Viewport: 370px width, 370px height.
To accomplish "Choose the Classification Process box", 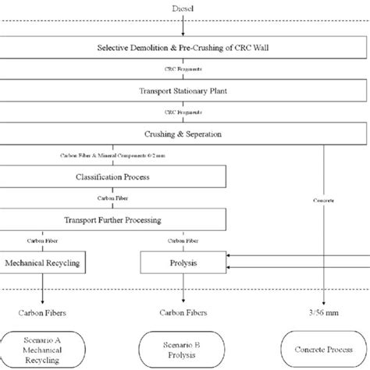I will [x=113, y=176].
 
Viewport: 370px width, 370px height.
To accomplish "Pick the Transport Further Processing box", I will [x=113, y=219].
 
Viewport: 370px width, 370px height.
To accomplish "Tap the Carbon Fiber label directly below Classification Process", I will [x=109, y=198].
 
